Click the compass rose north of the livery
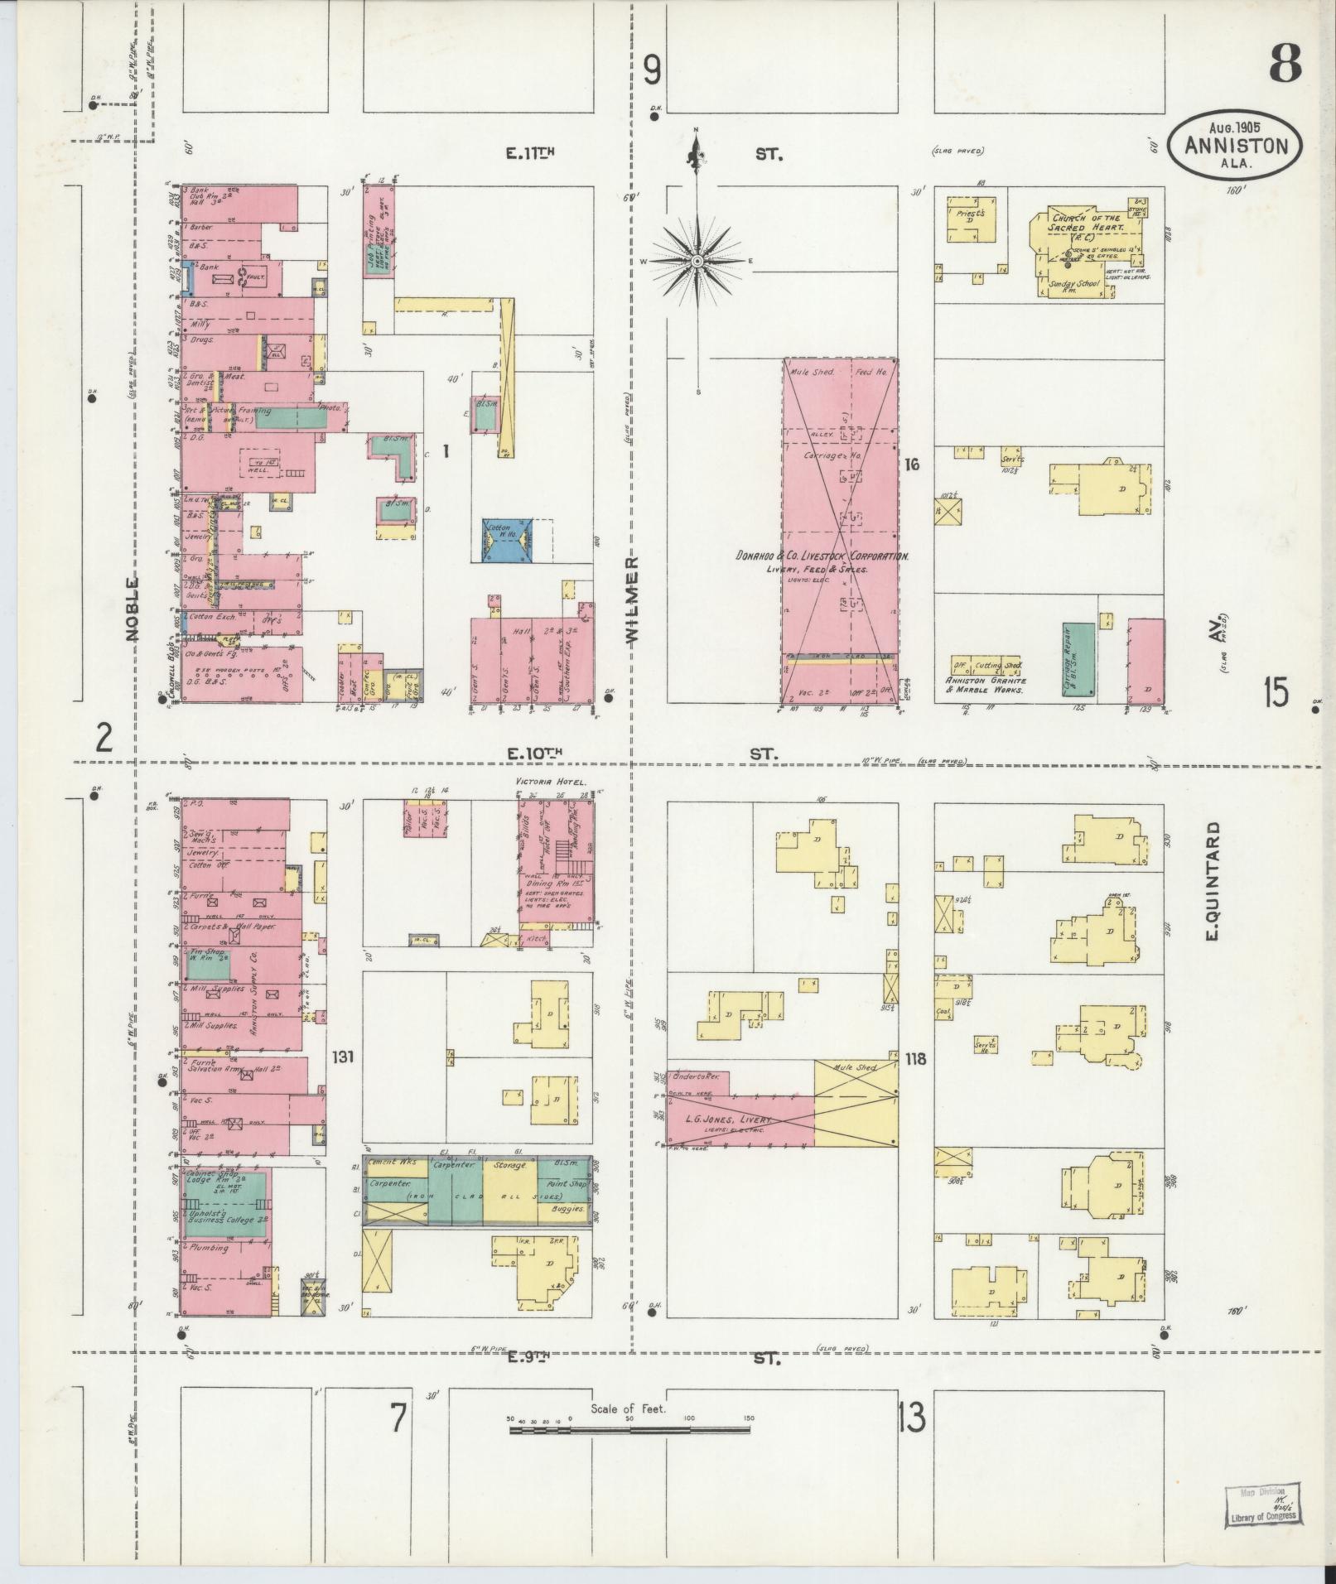pyautogui.click(x=697, y=261)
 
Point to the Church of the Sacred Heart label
pyautogui.click(x=1083, y=223)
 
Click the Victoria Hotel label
pyautogui.click(x=551, y=782)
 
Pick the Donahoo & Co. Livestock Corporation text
pyautogui.click(x=822, y=556)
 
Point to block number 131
pyautogui.click(x=343, y=1057)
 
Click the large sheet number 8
pyautogui.click(x=1285, y=65)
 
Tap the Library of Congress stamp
pyautogui.click(x=1262, y=1504)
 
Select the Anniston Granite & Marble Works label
pyautogui.click(x=986, y=685)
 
